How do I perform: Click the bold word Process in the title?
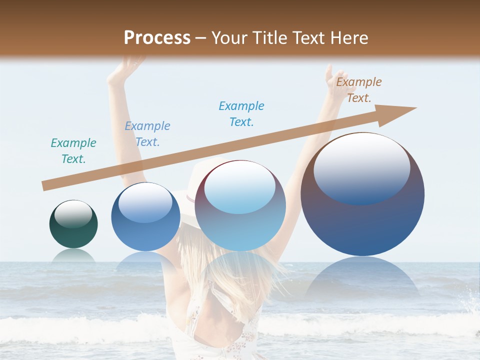coord(157,37)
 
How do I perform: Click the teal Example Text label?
coord(73,151)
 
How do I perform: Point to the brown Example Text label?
coord(359,90)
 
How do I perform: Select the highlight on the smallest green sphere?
coord(73,213)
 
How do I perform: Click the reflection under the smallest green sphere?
coord(73,256)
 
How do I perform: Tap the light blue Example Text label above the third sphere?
coord(241,114)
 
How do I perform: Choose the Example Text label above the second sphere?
coord(147,134)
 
